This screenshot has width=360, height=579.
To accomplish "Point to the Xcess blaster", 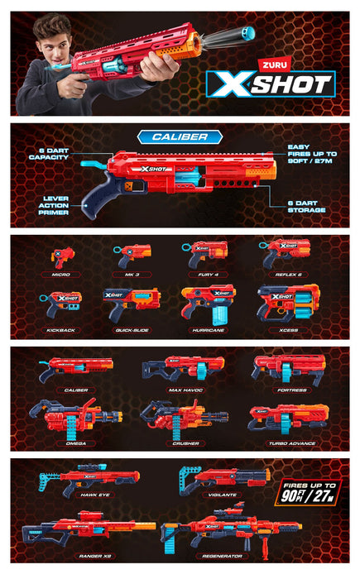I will (287, 303).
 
